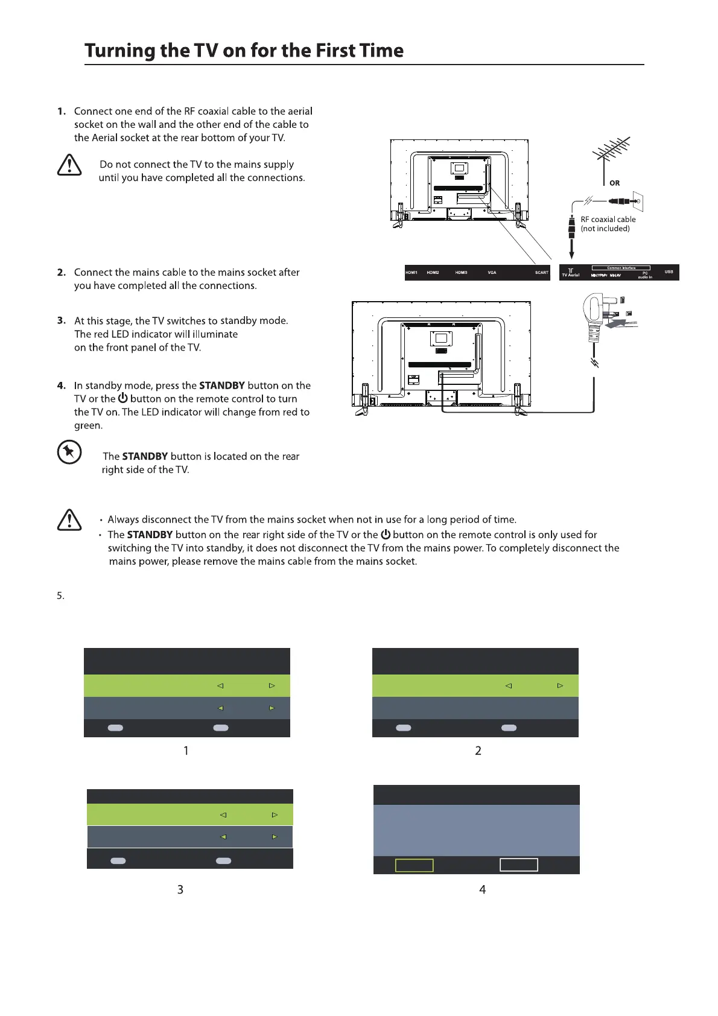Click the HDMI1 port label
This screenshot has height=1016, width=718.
pos(411,273)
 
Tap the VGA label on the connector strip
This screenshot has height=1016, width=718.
pos(492,273)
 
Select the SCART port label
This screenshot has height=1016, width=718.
pos(541,273)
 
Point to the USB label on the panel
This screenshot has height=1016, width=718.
pos(669,272)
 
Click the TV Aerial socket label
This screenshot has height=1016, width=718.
pos(570,275)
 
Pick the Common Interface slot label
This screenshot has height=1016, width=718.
pos(620,268)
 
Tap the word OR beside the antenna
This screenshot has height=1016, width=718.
pos(614,183)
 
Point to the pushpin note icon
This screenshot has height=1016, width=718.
pos(69,452)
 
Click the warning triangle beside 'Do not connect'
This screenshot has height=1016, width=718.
pos(69,165)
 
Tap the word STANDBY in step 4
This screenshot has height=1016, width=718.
pos(221,386)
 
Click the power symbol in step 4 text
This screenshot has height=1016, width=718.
pos(122,398)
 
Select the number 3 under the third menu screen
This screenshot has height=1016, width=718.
pos(180,889)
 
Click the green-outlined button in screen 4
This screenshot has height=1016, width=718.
pos(414,865)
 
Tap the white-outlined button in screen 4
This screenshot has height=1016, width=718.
pos(518,865)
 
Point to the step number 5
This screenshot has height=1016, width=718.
pos(60,596)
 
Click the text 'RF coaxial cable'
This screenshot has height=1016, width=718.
pos(608,220)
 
